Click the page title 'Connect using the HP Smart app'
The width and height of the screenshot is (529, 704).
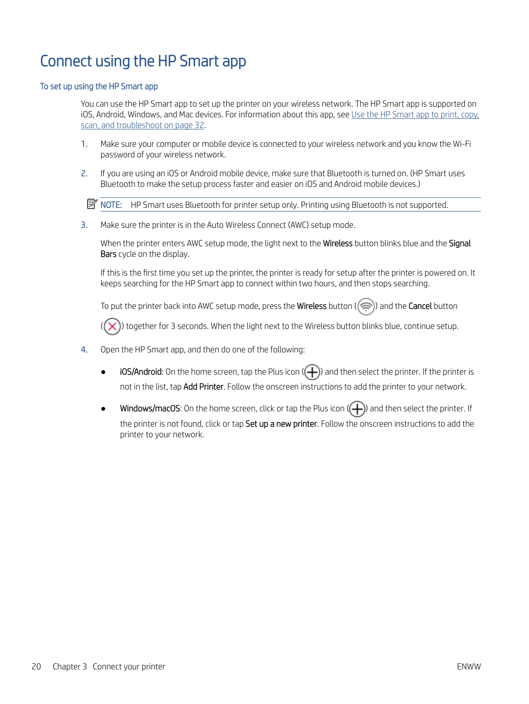(x=143, y=61)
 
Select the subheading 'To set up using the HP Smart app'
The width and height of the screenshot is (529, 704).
(x=99, y=87)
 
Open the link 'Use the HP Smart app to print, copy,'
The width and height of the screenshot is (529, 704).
(x=415, y=115)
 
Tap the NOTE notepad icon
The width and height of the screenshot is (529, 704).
(x=92, y=204)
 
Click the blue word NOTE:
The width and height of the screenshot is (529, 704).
(x=111, y=205)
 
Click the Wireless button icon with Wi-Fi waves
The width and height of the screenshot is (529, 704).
(x=366, y=306)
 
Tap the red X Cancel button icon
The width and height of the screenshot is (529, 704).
(x=112, y=326)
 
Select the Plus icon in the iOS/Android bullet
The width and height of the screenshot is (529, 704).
(x=312, y=372)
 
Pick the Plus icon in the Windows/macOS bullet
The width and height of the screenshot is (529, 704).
(x=357, y=409)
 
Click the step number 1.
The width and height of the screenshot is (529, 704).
(x=84, y=144)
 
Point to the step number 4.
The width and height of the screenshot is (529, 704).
(x=84, y=350)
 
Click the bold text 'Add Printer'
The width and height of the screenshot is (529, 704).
(x=203, y=387)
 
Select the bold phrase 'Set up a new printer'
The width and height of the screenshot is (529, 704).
(x=281, y=424)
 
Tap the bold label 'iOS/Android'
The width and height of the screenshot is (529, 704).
(x=140, y=372)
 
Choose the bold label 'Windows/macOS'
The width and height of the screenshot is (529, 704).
(x=150, y=409)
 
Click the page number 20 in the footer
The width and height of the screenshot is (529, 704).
(x=36, y=667)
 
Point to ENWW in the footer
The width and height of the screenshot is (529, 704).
(x=468, y=667)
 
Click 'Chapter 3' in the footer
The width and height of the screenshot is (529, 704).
(x=70, y=667)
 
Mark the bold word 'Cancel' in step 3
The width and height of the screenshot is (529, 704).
(x=420, y=306)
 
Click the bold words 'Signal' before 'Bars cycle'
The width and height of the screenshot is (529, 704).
(x=459, y=244)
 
